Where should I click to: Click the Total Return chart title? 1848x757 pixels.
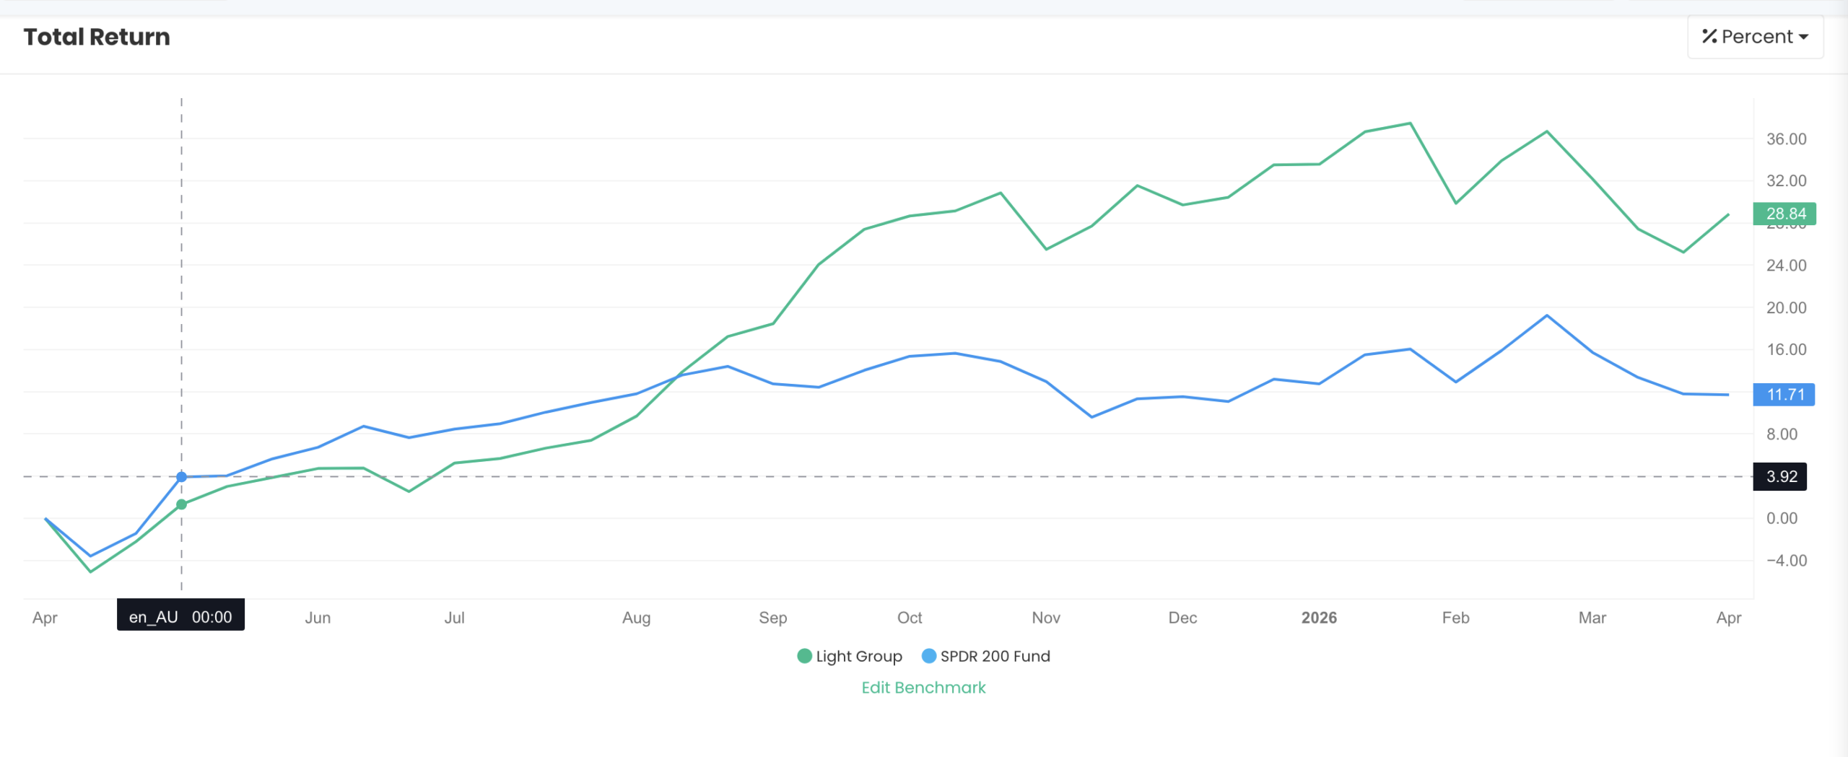coord(97,37)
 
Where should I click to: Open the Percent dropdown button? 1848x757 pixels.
coord(1755,37)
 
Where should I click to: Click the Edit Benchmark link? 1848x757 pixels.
coord(923,687)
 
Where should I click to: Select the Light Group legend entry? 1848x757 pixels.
coord(850,656)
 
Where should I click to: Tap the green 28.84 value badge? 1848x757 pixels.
coord(1784,214)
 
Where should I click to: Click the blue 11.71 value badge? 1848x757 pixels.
coord(1784,395)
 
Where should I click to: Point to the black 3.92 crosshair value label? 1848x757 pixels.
coord(1780,476)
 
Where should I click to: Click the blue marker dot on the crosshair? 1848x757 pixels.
coord(182,477)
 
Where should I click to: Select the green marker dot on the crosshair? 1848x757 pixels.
coord(182,504)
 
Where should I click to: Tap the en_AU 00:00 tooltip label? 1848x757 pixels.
coord(180,617)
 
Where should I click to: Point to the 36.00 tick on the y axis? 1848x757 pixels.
coord(1786,139)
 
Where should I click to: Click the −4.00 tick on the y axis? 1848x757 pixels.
coord(1786,561)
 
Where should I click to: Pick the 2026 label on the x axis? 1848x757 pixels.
coord(1319,618)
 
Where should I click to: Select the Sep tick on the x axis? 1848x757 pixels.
coord(772,618)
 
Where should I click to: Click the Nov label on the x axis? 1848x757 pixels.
coord(1046,618)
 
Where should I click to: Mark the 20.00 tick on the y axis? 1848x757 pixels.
coord(1786,308)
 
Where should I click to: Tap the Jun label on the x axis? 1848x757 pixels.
coord(318,618)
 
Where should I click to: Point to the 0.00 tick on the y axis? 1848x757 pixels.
coord(1782,518)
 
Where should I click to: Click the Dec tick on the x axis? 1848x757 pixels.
coord(1182,618)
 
